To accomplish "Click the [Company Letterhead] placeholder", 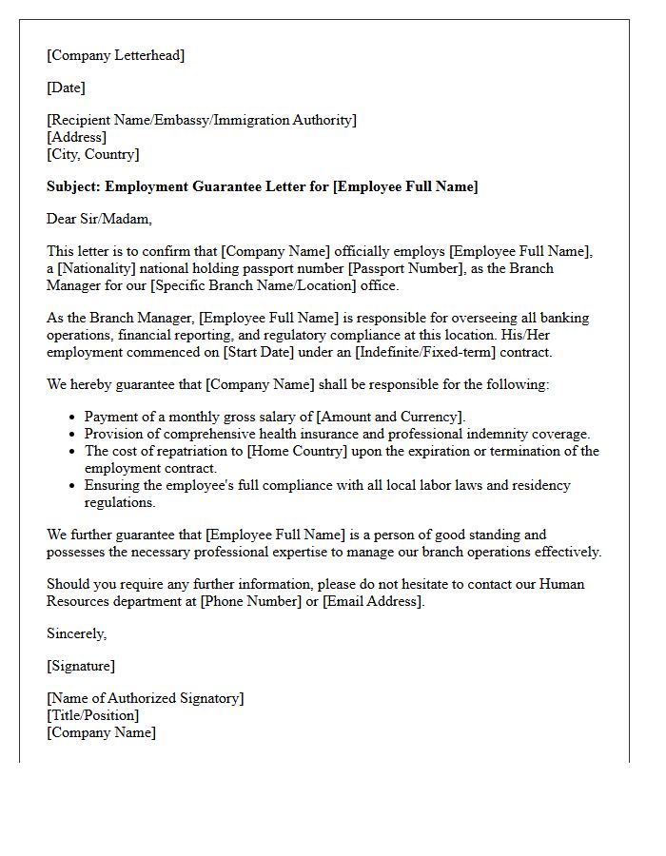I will click(115, 55).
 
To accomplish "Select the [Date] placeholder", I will click(66, 88).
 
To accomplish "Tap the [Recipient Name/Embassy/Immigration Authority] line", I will click(202, 120).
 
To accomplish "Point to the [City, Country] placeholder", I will click(92, 154).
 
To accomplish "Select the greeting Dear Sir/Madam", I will click(99, 219).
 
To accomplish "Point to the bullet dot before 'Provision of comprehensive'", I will click(73, 435).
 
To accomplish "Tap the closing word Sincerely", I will click(76, 633).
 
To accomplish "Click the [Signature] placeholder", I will click(81, 666).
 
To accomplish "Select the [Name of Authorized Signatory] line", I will click(145, 698).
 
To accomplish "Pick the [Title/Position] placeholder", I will click(92, 715).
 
